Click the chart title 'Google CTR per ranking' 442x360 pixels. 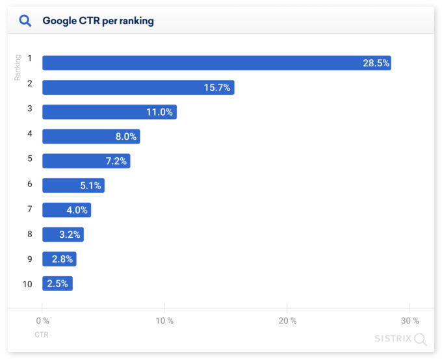[98, 21]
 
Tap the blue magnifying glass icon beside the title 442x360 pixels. [25, 21]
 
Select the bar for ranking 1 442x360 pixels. [216, 63]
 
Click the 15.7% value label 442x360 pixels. [216, 88]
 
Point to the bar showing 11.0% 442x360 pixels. [109, 112]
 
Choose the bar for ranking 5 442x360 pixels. [86, 161]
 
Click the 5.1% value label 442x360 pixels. [90, 186]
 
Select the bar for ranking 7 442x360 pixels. [66, 210]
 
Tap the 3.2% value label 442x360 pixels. [70, 235]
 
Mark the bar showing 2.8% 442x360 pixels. [59, 259]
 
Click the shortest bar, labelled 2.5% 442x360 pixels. [57, 283]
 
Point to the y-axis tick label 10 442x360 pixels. [27, 284]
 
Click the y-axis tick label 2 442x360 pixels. [29, 84]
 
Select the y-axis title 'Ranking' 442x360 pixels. [18, 67]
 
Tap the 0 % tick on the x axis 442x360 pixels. [42, 320]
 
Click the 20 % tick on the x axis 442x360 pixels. [287, 320]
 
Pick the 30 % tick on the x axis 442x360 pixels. [409, 320]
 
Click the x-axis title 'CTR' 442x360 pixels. [42, 335]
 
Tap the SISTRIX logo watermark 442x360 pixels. [400, 339]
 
